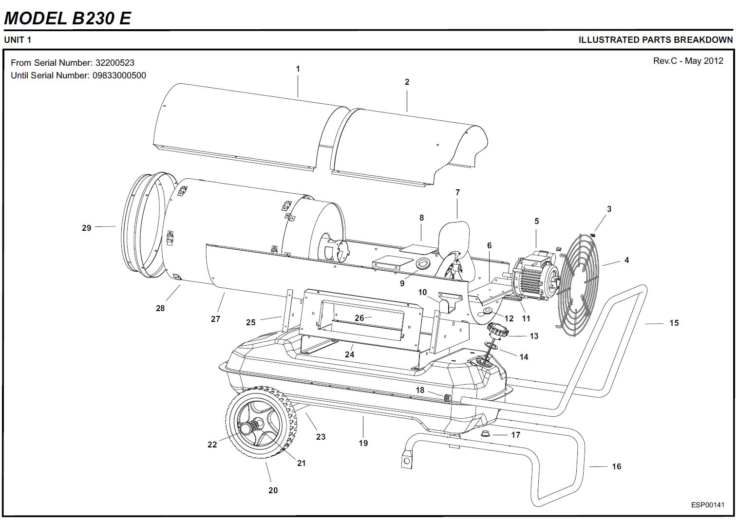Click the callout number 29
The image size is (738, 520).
coord(87,228)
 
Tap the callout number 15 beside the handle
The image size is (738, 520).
coord(674,323)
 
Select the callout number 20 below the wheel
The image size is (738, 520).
coord(273,490)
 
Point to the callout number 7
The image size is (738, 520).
coord(457,193)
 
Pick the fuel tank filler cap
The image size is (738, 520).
coord(497,332)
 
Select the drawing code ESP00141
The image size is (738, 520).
coord(707,505)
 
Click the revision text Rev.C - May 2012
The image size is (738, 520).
coord(688,61)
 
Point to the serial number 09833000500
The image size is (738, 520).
coord(119,75)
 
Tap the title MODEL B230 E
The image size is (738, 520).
coord(67,18)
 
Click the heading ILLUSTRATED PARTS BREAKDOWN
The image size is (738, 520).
coord(655,40)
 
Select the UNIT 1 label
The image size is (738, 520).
coord(18,40)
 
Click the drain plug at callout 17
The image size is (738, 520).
coord(485,433)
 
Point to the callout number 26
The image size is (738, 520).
coord(359,318)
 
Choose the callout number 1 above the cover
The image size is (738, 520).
coord(298,69)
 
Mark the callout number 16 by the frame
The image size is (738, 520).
coord(616,466)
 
